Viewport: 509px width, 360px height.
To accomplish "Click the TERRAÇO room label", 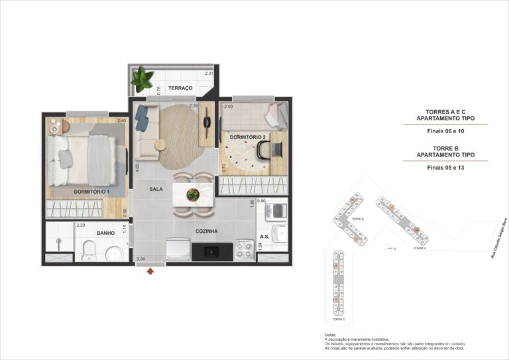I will (x=180, y=88).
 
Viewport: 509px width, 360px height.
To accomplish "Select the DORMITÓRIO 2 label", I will (x=247, y=137).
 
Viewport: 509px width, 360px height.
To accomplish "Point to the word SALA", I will (x=156, y=189).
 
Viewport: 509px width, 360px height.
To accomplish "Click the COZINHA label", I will (x=207, y=231).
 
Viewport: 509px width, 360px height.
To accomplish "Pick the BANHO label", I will (x=106, y=233).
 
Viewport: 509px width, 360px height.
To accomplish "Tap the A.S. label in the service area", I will (x=264, y=236).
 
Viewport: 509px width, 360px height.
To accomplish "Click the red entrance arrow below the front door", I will (x=150, y=270).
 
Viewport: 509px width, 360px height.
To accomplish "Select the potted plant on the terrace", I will (x=141, y=81).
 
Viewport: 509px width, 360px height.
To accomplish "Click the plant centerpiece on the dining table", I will (x=193, y=195).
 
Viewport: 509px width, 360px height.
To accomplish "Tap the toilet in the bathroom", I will (x=87, y=253).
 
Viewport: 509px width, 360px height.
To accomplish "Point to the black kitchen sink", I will (x=211, y=251).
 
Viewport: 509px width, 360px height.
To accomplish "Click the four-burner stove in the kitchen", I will (x=243, y=251).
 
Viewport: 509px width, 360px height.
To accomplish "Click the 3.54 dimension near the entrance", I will (x=141, y=259).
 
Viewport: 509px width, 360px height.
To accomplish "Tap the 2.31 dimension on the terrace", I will (x=209, y=74).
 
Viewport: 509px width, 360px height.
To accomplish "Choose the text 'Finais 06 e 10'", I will (x=445, y=131).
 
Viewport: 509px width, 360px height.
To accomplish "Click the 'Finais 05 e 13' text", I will (x=445, y=168).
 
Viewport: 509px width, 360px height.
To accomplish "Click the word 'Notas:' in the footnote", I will (x=331, y=335).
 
